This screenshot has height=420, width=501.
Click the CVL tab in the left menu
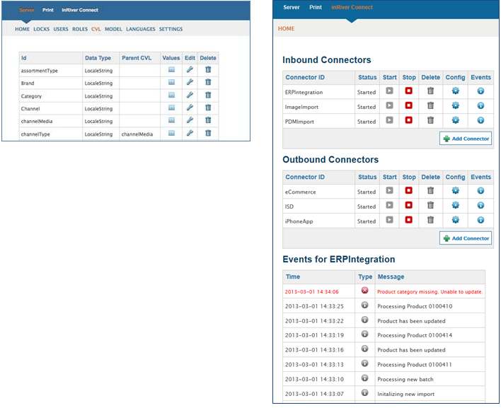click(x=96, y=29)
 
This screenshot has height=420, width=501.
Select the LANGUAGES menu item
click(x=141, y=29)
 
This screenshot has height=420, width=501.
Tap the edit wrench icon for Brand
click(x=190, y=82)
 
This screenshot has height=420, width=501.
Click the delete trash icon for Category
click(x=208, y=95)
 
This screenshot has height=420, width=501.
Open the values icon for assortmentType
click(x=171, y=69)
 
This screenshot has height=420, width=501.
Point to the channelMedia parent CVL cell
click(x=137, y=134)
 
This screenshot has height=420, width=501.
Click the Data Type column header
click(x=98, y=58)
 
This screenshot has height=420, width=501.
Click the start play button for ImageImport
click(x=389, y=105)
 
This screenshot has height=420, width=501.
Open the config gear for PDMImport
click(x=455, y=120)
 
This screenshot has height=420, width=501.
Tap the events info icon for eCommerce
click(x=480, y=190)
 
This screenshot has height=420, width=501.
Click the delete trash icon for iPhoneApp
click(x=431, y=220)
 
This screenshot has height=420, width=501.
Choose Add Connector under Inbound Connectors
click(x=466, y=139)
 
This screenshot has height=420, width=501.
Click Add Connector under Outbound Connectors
click(x=466, y=238)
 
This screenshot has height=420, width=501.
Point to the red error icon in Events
click(x=364, y=290)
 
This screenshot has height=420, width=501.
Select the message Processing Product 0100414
click(x=415, y=335)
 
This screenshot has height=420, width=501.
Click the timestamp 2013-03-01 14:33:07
click(x=314, y=394)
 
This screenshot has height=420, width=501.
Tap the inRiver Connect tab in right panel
click(x=352, y=7)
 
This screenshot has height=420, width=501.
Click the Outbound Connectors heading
click(x=330, y=160)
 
